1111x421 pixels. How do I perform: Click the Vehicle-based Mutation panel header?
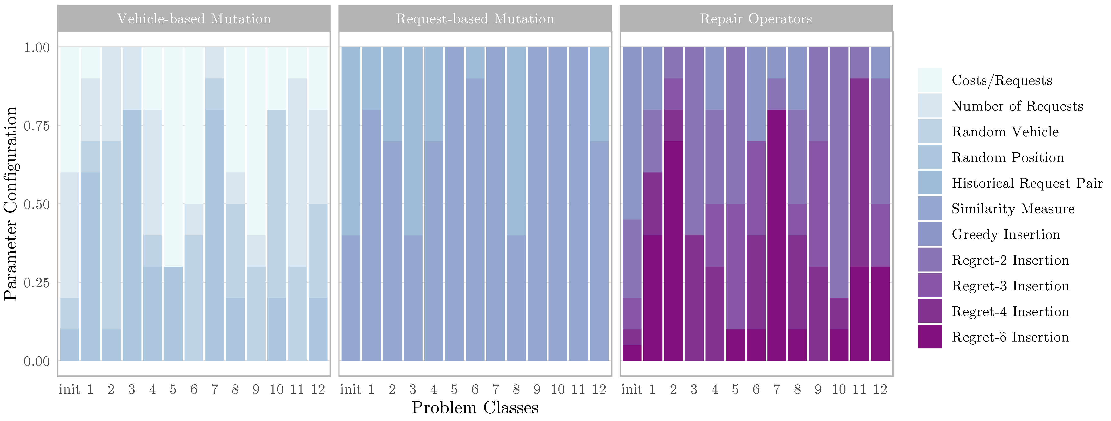194,19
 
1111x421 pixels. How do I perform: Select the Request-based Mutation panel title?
475,19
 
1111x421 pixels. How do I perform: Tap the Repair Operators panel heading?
756,19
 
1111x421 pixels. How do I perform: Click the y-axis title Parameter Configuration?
10,203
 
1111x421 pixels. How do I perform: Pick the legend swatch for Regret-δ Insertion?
930,336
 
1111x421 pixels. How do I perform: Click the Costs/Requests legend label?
1001,80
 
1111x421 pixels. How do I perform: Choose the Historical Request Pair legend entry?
1026,183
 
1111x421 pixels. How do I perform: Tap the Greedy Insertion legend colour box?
930,234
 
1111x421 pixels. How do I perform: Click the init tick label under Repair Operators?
631,389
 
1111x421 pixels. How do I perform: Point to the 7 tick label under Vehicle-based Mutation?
214,389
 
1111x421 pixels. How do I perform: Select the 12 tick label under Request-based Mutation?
599,389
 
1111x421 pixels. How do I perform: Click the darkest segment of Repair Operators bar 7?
776,235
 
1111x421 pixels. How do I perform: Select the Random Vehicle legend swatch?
930,131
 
